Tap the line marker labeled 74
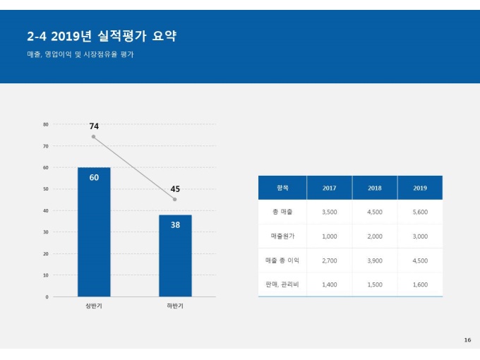(x=93, y=137)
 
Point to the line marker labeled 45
(x=175, y=200)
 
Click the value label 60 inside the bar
(x=94, y=177)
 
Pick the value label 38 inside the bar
(x=175, y=224)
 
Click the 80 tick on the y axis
(x=46, y=124)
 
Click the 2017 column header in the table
(x=329, y=188)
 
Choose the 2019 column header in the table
(x=420, y=188)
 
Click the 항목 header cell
(x=282, y=188)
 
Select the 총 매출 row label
(x=282, y=212)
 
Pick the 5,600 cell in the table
(x=420, y=212)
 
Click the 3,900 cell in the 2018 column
(x=375, y=260)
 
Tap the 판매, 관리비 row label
(x=282, y=284)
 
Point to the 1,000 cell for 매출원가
(x=329, y=236)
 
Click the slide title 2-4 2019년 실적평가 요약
(x=101, y=36)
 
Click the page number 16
(x=467, y=340)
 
